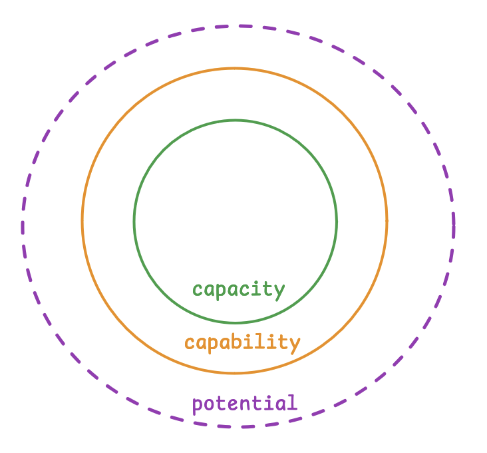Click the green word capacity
(238, 290)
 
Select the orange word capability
(242, 342)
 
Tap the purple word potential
(244, 403)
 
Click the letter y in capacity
(279, 291)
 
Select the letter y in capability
(295, 344)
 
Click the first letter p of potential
(197, 405)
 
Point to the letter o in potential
(210, 404)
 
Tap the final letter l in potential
(291, 402)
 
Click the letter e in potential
(235, 404)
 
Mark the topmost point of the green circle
(236, 121)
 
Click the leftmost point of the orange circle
(82, 221)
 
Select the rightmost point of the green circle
(337, 221)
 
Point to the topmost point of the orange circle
(234, 68)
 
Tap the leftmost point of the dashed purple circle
(23, 226)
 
